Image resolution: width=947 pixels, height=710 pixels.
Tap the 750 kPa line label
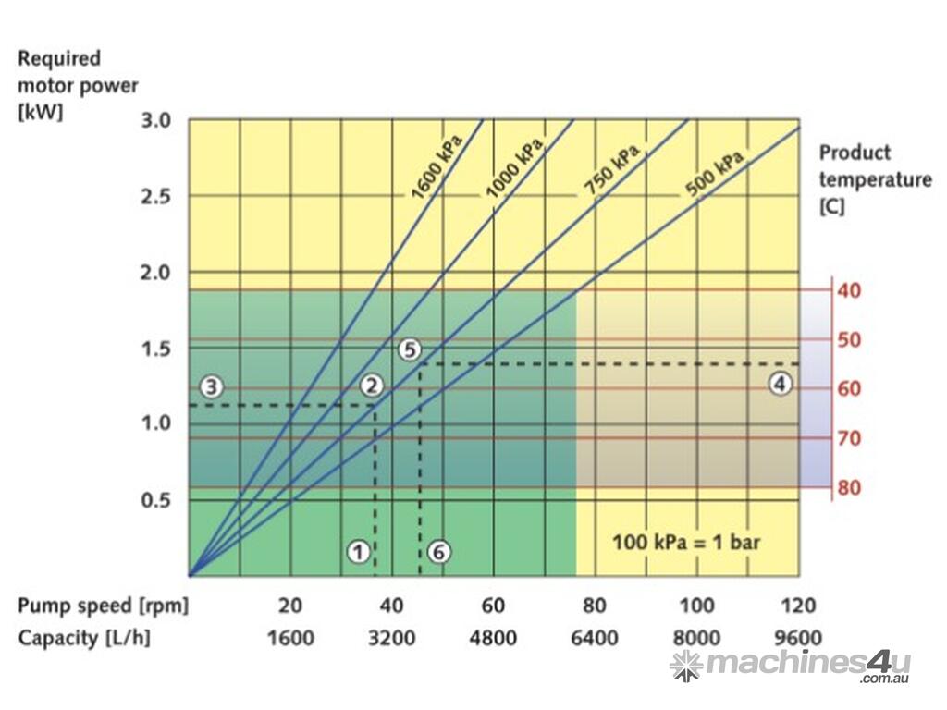pos(611,170)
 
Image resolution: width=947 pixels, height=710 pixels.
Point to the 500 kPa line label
pos(715,176)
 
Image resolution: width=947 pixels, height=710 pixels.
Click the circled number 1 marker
pos(359,552)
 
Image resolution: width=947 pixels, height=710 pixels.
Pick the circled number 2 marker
pos(372,386)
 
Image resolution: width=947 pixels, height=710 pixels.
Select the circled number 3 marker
pos(213,386)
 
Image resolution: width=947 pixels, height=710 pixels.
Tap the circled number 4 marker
pos(781,384)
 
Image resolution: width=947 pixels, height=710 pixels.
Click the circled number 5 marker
pos(411,349)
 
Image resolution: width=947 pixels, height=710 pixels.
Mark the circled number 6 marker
pos(439,552)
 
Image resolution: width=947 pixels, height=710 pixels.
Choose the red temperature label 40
pos(849,290)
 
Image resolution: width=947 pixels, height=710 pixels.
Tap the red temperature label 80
pos(849,488)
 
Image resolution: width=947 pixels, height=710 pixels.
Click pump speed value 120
pos(798,606)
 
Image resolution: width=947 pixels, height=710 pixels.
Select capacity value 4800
pos(493,638)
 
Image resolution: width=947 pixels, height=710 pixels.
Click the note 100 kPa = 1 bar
pos(685,541)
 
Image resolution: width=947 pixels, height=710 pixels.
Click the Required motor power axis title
pos(78,86)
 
